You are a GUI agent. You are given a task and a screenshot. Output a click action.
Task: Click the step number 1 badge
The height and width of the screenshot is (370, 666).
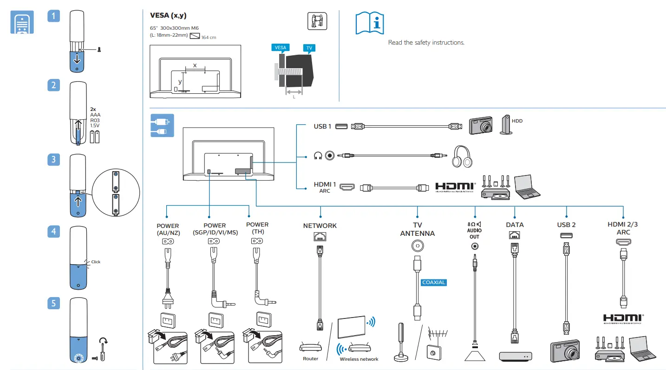(54, 16)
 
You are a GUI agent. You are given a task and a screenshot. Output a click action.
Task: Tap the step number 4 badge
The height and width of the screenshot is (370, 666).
(54, 231)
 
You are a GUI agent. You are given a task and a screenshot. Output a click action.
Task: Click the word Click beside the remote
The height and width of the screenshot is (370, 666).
(96, 262)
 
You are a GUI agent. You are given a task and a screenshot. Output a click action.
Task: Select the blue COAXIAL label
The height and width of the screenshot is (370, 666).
(434, 282)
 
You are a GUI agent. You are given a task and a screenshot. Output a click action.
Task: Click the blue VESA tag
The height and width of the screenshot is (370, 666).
(281, 48)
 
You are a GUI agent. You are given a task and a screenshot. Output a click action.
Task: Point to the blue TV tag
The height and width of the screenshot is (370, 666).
(308, 48)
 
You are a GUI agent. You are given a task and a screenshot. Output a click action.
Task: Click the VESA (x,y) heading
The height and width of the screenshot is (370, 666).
(168, 15)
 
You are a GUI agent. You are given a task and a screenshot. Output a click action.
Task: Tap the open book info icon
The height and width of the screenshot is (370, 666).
(370, 23)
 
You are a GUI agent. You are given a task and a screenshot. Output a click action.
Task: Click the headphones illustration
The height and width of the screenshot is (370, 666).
(463, 157)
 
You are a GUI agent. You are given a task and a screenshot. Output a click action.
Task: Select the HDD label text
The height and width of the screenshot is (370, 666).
(517, 121)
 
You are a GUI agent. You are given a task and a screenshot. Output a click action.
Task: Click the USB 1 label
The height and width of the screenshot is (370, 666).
(322, 126)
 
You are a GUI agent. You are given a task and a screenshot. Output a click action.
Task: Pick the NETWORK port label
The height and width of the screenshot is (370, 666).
(320, 226)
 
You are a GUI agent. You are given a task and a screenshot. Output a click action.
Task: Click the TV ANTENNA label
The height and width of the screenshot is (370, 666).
(418, 229)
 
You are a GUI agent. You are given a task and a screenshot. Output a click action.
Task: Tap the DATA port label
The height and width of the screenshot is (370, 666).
(515, 225)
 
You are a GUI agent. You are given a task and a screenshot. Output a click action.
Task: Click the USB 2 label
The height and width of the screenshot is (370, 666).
(566, 225)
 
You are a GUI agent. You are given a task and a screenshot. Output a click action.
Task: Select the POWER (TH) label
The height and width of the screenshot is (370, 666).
(257, 228)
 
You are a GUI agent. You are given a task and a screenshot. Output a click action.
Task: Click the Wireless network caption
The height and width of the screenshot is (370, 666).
(359, 359)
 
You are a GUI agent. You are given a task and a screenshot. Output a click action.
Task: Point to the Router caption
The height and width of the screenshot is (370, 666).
(311, 358)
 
